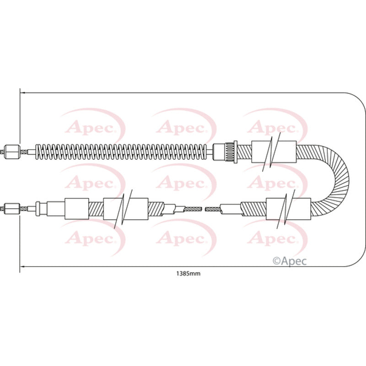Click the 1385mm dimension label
tap(188, 274)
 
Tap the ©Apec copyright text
tap(290, 261)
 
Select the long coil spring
tap(120, 152)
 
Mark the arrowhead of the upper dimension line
tap(22, 93)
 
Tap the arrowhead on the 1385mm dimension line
tap(22, 266)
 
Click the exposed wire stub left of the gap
tap(192, 209)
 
